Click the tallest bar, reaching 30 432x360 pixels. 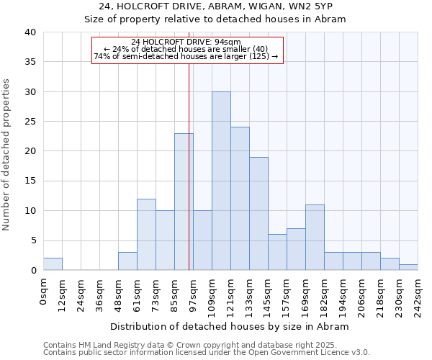221,181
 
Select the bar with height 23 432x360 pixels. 184,202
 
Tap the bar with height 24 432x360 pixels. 240,199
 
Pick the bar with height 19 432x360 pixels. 258,214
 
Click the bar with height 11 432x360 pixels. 315,238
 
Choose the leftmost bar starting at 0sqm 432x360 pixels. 53,264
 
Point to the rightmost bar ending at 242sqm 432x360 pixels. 408,267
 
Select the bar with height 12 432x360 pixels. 146,235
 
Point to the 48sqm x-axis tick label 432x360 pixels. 119,294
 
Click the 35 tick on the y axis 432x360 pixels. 30,62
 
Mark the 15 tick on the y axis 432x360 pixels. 30,181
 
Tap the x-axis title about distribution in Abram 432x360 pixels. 230,326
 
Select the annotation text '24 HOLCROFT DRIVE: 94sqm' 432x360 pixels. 186,42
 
